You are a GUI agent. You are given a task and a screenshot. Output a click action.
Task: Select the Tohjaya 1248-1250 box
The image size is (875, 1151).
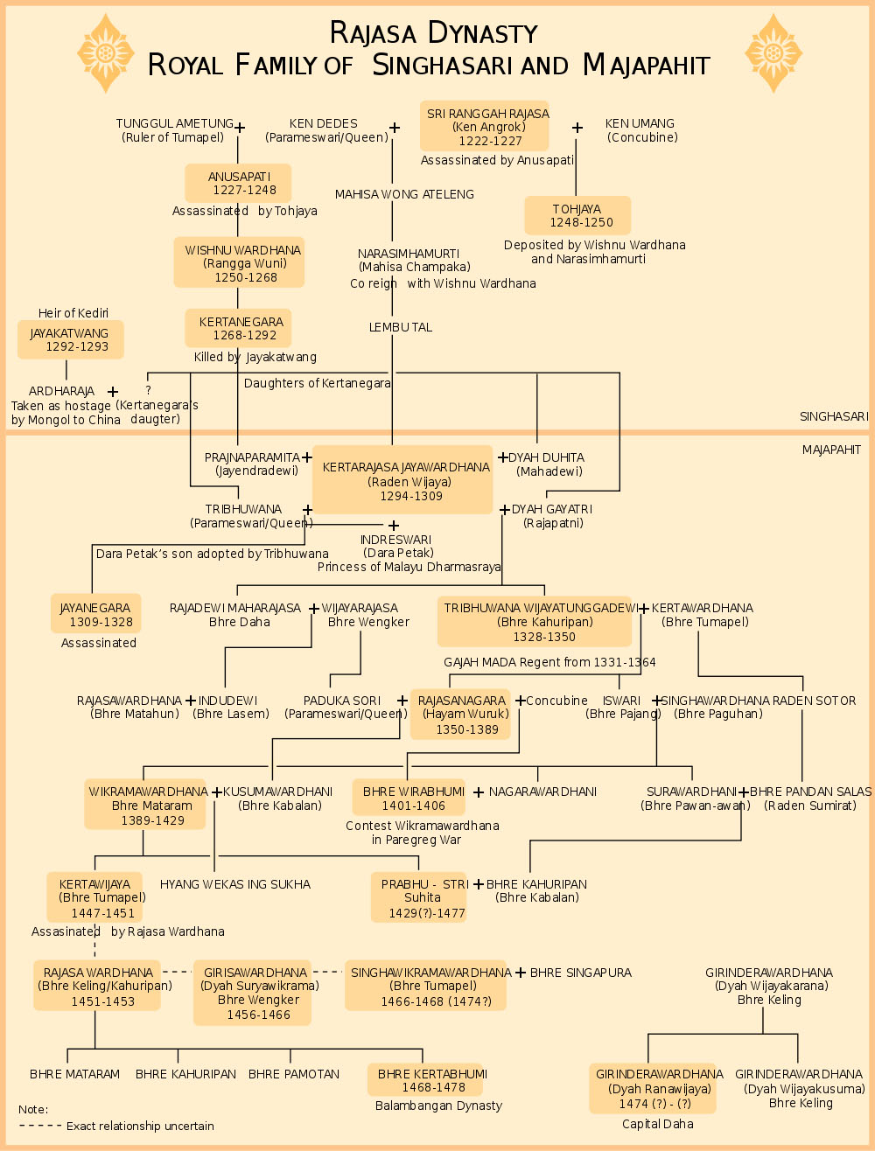coord(577,215)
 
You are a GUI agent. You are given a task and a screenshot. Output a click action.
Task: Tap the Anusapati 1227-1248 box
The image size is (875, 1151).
coord(238,183)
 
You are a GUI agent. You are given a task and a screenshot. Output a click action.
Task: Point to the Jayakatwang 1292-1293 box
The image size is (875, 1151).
coord(70,339)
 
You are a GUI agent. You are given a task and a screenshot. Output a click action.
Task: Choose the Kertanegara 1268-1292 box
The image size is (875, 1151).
coord(238,328)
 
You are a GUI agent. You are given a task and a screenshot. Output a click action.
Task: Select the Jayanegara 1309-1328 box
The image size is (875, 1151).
coord(95,614)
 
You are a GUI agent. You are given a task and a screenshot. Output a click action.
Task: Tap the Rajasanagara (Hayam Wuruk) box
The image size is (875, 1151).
coord(461,715)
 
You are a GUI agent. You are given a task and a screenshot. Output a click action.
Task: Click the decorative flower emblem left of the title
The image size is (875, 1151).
coord(106,53)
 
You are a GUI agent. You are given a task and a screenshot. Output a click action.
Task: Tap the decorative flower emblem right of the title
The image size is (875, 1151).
coord(773,53)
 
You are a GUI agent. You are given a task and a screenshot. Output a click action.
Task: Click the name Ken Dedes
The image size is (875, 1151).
coord(324,123)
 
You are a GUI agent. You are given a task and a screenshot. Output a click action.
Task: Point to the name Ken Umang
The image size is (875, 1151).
coord(640,123)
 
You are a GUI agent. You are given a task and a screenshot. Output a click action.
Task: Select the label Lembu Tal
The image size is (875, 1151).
coord(401,327)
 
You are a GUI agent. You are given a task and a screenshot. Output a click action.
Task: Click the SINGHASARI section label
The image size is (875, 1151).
coord(833,416)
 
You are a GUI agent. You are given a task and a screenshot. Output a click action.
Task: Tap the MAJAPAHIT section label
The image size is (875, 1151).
coord(831,450)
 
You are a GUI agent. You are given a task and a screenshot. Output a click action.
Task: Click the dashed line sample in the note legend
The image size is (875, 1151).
coord(40,1126)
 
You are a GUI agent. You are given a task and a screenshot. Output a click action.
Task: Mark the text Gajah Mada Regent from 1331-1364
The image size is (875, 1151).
coord(549,662)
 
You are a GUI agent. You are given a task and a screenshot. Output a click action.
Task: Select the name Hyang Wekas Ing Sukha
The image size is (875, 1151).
coord(235,884)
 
